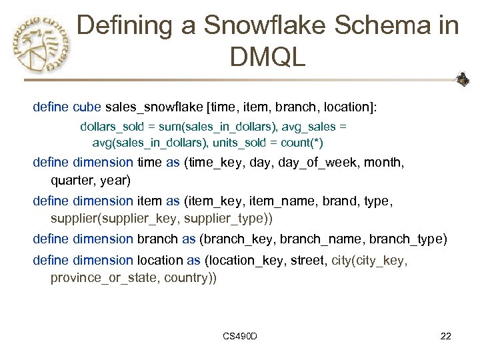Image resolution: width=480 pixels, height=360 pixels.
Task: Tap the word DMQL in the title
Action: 267,57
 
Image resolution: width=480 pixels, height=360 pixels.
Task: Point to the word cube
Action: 87,107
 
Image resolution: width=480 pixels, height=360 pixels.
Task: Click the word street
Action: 309,260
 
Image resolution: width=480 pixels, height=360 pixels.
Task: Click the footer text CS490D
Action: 241,336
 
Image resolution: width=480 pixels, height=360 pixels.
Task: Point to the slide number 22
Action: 446,336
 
